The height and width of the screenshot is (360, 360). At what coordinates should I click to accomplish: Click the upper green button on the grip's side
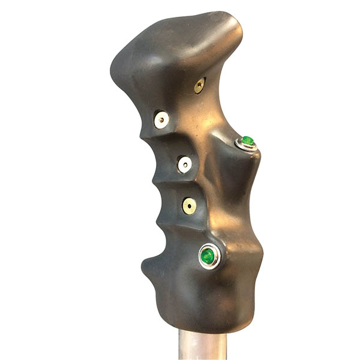pos(246,142)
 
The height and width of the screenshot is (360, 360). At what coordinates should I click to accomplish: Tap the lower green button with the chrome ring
pos(208,256)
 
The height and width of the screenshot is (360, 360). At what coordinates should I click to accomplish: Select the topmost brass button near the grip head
pos(199,86)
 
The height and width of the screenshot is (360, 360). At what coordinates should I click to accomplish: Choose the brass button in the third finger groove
pos(189,206)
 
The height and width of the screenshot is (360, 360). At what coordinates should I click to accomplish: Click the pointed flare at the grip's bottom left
pos(146,263)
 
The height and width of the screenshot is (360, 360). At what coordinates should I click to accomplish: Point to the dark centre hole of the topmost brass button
pos(199,86)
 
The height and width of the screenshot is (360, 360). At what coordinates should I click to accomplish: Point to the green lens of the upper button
pos(247,140)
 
